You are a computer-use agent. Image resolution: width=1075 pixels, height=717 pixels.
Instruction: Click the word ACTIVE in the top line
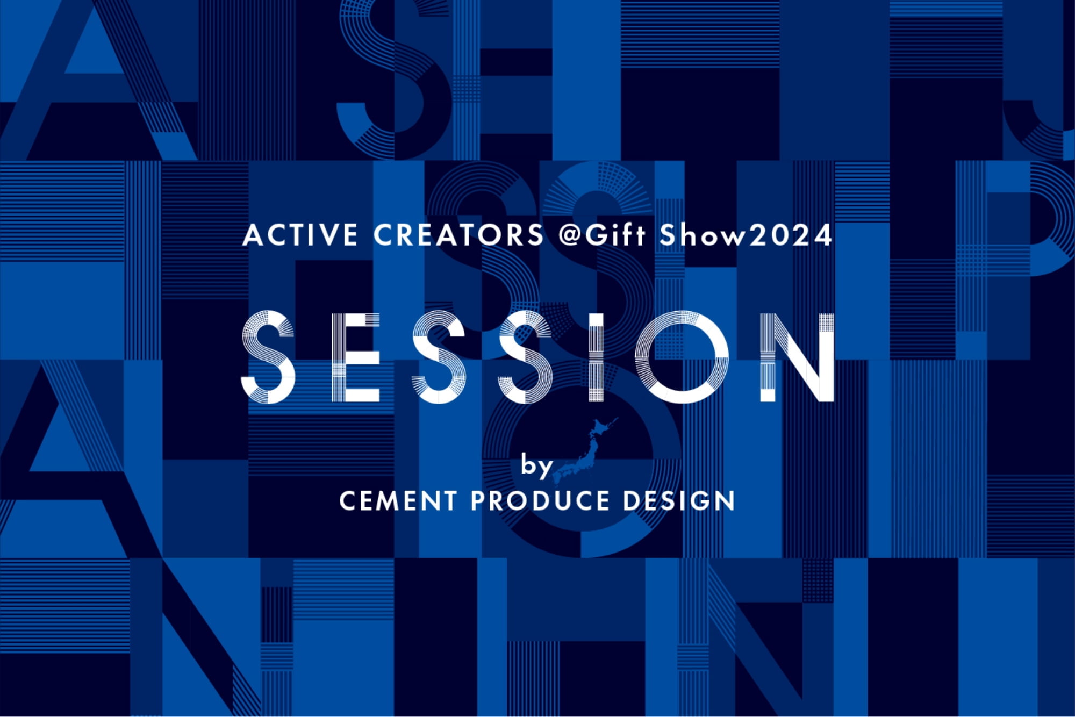300,235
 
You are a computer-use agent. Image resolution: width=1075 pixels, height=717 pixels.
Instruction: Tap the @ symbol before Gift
571,235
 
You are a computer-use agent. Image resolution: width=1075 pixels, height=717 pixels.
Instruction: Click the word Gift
615,235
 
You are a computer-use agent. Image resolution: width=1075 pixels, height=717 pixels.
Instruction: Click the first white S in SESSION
268,357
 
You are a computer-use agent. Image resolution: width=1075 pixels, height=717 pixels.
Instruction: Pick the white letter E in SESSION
356,357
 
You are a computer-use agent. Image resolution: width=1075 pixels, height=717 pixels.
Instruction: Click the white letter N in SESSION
797,357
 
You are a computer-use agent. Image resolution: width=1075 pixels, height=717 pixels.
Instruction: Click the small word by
536,465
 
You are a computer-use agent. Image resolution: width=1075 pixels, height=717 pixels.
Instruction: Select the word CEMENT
398,501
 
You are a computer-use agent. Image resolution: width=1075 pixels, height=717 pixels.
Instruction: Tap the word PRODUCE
540,501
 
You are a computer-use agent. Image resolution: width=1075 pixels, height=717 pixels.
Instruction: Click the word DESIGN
679,501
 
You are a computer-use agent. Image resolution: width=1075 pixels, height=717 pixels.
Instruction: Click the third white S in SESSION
526,357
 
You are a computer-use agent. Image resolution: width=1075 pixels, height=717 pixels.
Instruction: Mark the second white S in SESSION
439,357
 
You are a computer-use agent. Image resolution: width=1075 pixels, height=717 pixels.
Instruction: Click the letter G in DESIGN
699,501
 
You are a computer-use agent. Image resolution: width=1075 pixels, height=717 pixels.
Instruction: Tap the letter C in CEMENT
349,501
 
